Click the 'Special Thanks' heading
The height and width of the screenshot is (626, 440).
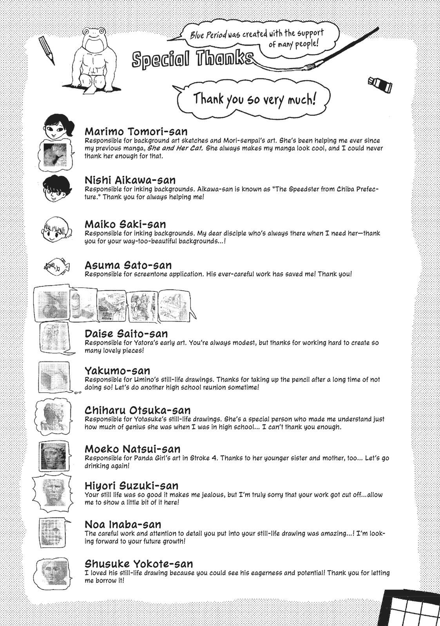(192, 59)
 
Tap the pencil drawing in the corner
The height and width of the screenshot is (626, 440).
(47, 51)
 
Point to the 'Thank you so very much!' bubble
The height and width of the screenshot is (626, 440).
(254, 98)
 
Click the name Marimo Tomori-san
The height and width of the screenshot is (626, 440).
(136, 131)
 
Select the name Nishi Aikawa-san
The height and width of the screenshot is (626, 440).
(130, 180)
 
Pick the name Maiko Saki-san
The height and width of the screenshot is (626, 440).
(125, 224)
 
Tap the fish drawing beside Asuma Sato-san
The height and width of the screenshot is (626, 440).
(57, 267)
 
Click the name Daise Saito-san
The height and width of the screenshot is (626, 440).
(126, 334)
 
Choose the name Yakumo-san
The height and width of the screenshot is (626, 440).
(118, 371)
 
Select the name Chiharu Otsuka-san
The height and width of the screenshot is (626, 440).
(138, 410)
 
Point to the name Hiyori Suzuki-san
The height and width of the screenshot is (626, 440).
(132, 486)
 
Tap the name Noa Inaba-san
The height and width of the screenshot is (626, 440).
(123, 524)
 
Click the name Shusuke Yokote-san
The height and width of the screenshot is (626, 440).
(139, 564)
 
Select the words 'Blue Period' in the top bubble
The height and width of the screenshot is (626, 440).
(208, 35)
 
